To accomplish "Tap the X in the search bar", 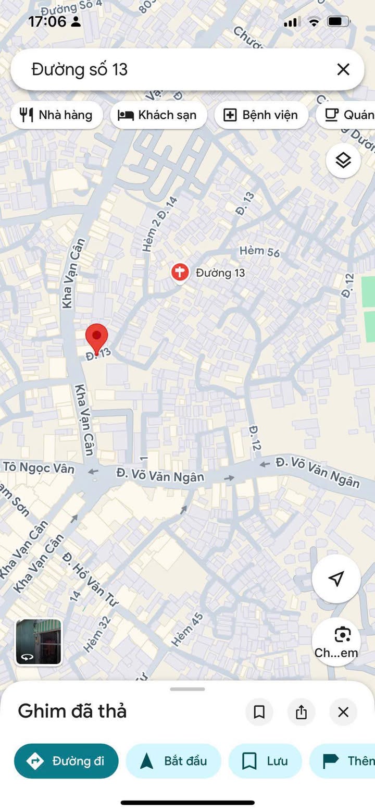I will pyautogui.click(x=343, y=69).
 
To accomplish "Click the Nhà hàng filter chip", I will pyautogui.click(x=57, y=115).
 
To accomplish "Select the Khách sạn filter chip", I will pyautogui.click(x=158, y=115).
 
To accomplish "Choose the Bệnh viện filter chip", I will pyautogui.click(x=261, y=115).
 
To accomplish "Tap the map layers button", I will pyautogui.click(x=343, y=161).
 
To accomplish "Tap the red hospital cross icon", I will pyautogui.click(x=180, y=272).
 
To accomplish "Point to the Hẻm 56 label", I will pyautogui.click(x=259, y=251).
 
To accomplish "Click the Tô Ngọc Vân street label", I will pyautogui.click(x=39, y=467).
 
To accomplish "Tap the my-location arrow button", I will pyautogui.click(x=336, y=579).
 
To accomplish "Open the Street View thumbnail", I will pyautogui.click(x=39, y=642).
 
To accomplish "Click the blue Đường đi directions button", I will pyautogui.click(x=66, y=761).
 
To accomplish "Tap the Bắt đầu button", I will pyautogui.click(x=173, y=761).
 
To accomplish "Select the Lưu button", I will pyautogui.click(x=265, y=761).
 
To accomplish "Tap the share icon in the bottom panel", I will pyautogui.click(x=301, y=712).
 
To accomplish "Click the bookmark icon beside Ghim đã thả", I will pyautogui.click(x=259, y=712).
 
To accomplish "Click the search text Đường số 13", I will pyautogui.click(x=80, y=69).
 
